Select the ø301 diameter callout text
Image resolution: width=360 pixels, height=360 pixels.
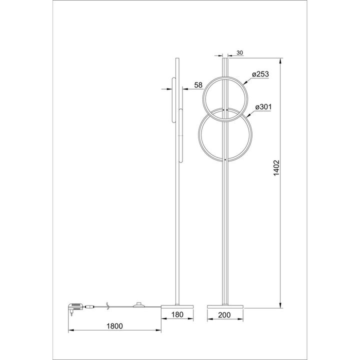click(262, 107)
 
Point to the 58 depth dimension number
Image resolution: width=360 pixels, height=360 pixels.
click(198, 85)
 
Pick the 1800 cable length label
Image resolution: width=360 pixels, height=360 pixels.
click(114, 326)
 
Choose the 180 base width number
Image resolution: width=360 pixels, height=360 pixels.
click(175, 315)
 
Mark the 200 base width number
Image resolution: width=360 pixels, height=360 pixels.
click(225, 315)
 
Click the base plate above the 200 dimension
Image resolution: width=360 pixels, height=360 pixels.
click(225, 304)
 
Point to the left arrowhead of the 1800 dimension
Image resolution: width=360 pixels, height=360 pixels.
click(69, 330)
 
